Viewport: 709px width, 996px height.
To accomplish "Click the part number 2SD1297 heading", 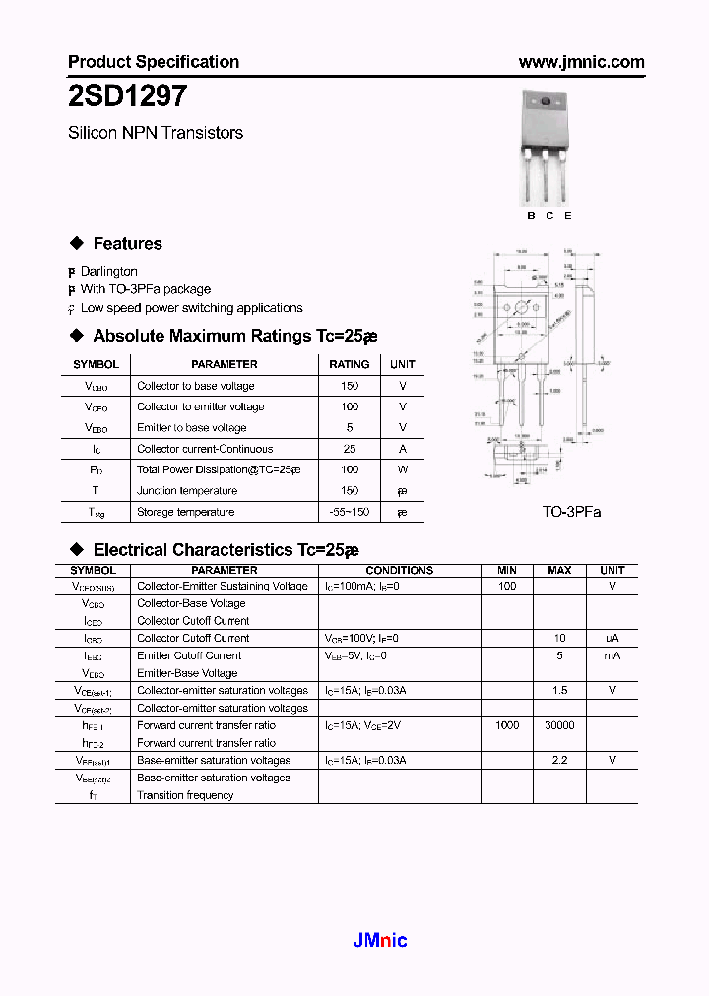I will (122, 96).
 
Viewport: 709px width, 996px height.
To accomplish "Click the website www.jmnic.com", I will (581, 62).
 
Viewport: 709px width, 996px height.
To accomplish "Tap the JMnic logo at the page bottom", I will (380, 940).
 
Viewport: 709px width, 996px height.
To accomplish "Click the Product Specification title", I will (154, 62).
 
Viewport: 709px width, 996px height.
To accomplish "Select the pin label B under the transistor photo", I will (531, 216).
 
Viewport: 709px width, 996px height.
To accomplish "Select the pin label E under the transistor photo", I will (568, 216).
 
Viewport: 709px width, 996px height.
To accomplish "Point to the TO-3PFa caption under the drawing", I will (571, 512).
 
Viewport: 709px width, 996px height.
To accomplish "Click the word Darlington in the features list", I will (108, 271).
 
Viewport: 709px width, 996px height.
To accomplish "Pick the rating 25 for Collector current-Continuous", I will (350, 449).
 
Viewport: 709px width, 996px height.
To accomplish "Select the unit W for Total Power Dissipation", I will (402, 469).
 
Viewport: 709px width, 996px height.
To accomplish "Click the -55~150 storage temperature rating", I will (350, 512).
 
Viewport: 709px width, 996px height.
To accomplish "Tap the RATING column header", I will (350, 364).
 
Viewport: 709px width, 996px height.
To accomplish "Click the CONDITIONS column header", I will (399, 570).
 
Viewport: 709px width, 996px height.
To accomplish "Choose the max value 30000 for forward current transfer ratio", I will (558, 725).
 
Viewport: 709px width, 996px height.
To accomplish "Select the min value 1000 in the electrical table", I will (507, 725).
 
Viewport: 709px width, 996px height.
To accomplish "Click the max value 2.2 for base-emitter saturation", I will (558, 760).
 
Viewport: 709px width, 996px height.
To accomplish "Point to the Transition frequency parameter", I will (185, 795).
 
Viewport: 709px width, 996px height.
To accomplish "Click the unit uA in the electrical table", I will (612, 638).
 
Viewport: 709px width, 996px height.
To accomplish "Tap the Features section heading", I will (127, 244).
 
